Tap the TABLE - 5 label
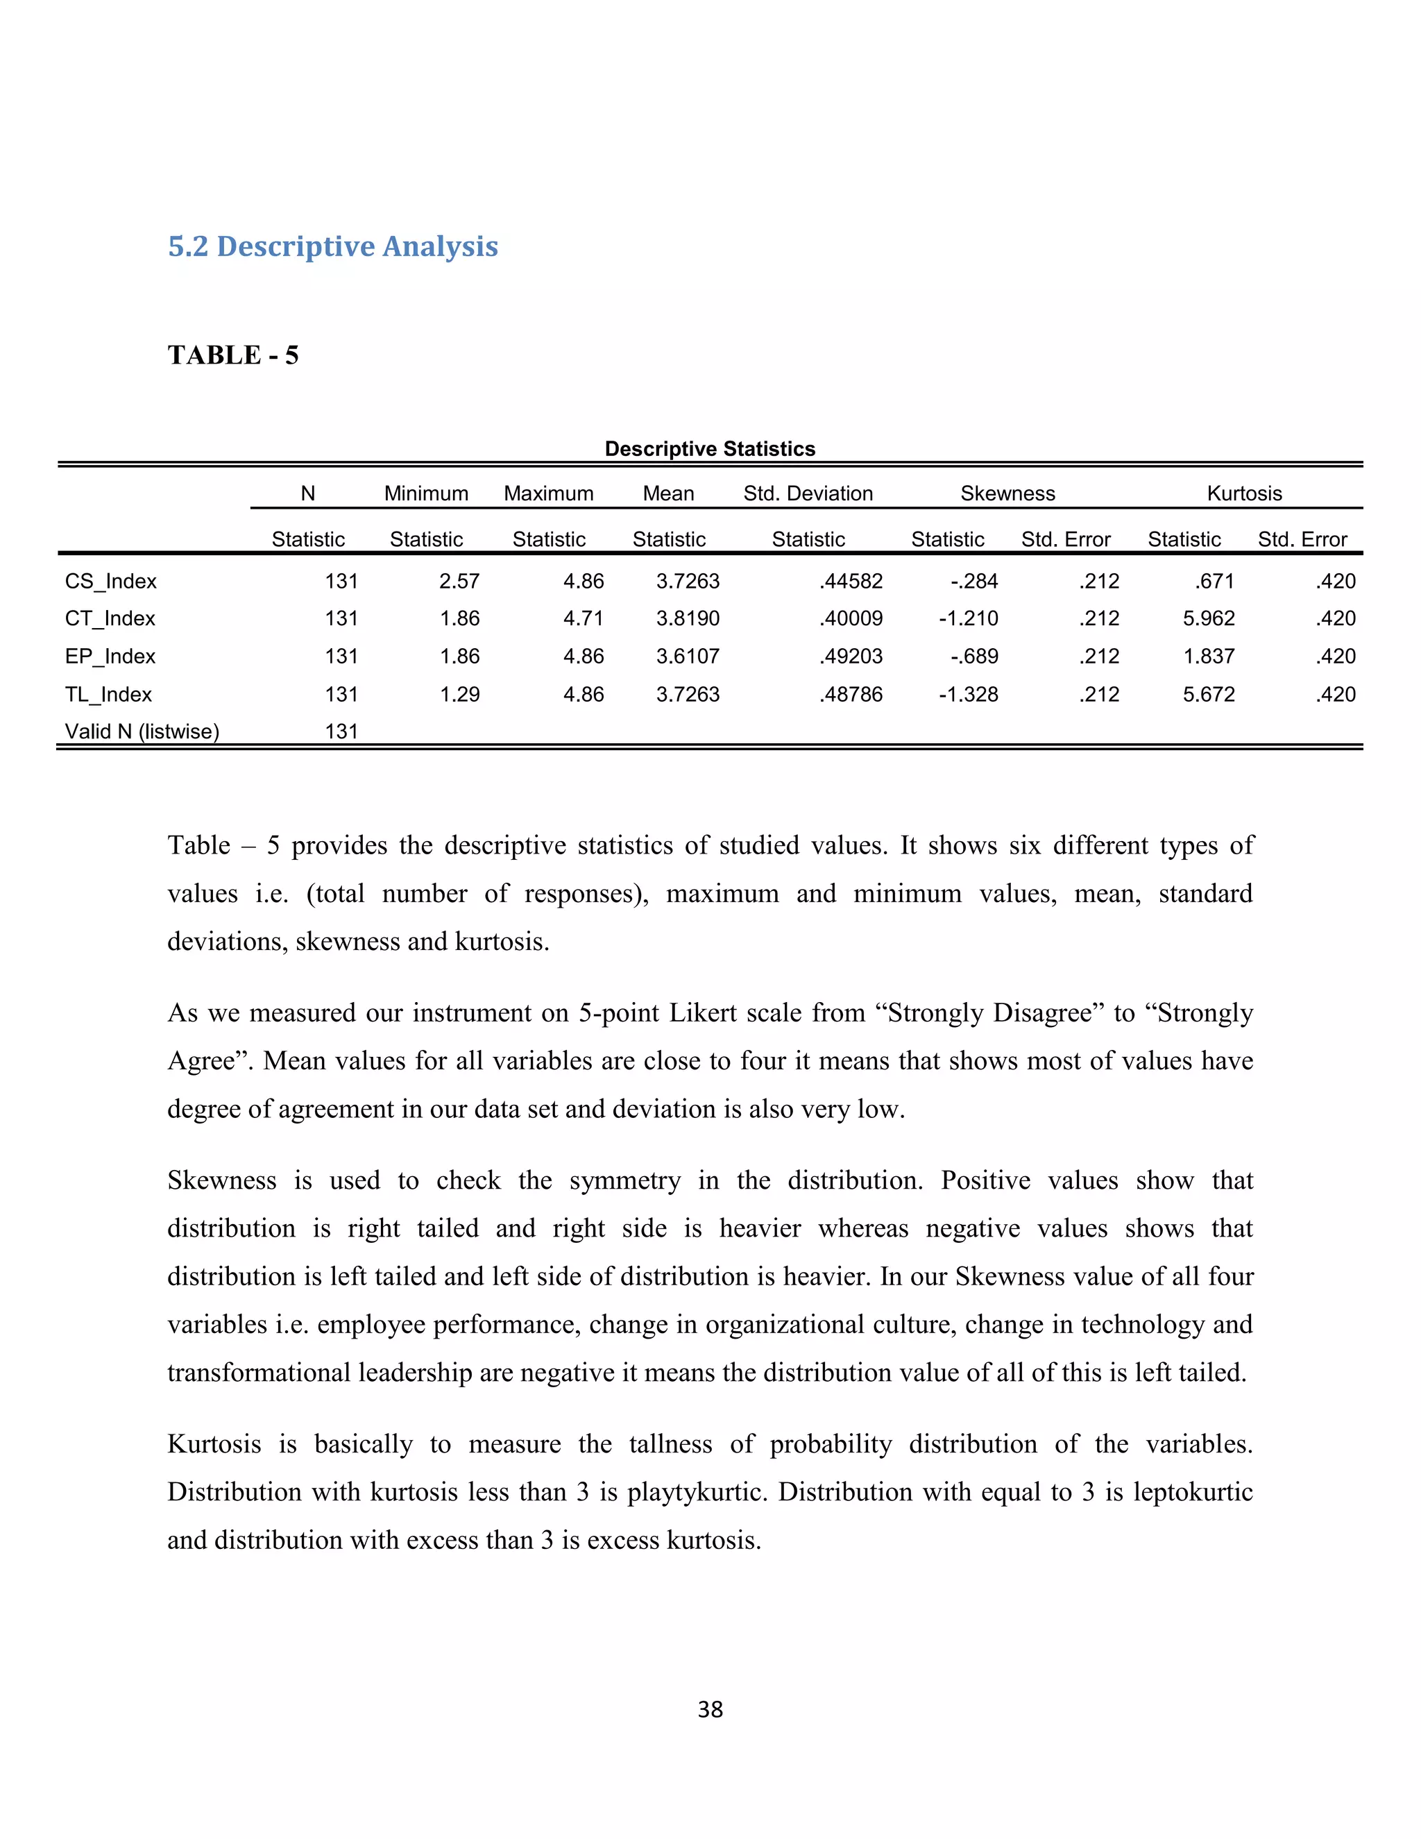pos(233,355)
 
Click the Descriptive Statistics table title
pos(710,449)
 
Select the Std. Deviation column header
pos(808,493)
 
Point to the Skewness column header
pos(1007,493)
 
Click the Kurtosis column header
pos(1243,493)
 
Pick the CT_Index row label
pos(110,619)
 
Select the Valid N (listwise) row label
pos(142,731)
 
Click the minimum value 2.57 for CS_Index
pos(459,582)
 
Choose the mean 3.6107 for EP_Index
pos(688,656)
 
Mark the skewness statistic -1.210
pos(968,619)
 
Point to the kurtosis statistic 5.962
pos(1208,619)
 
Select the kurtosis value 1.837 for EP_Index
pos(1208,656)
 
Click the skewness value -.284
pos(974,582)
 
